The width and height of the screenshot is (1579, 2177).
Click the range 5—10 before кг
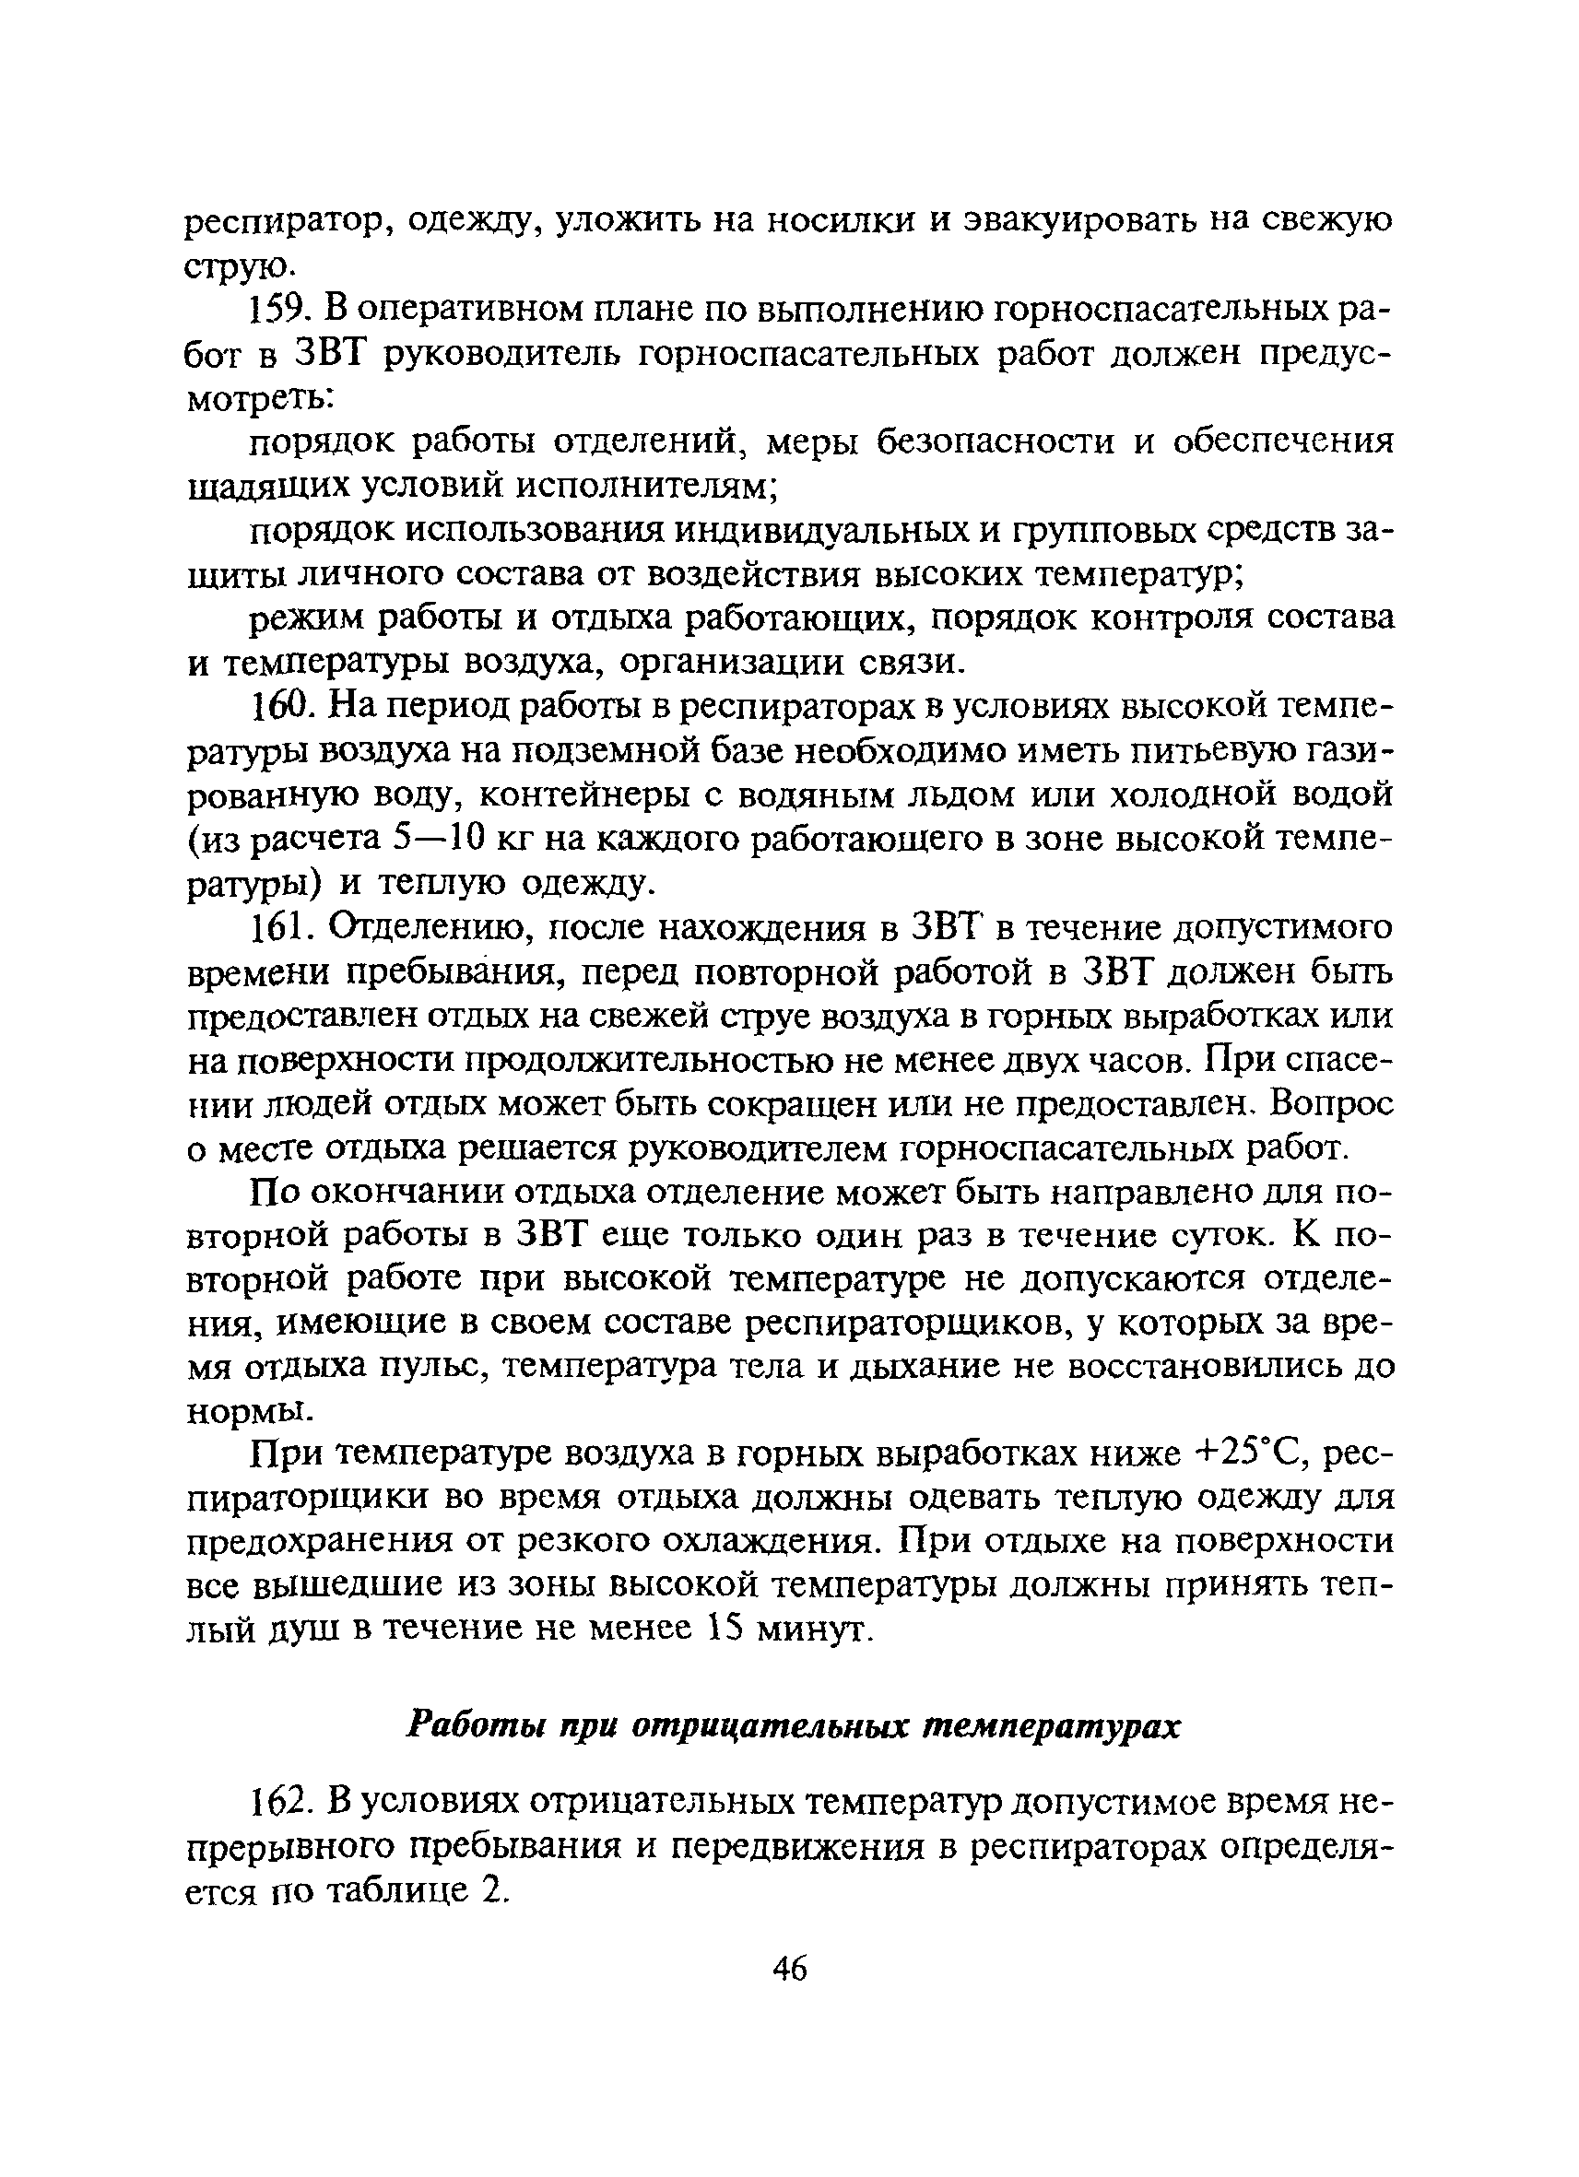[440, 840]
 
